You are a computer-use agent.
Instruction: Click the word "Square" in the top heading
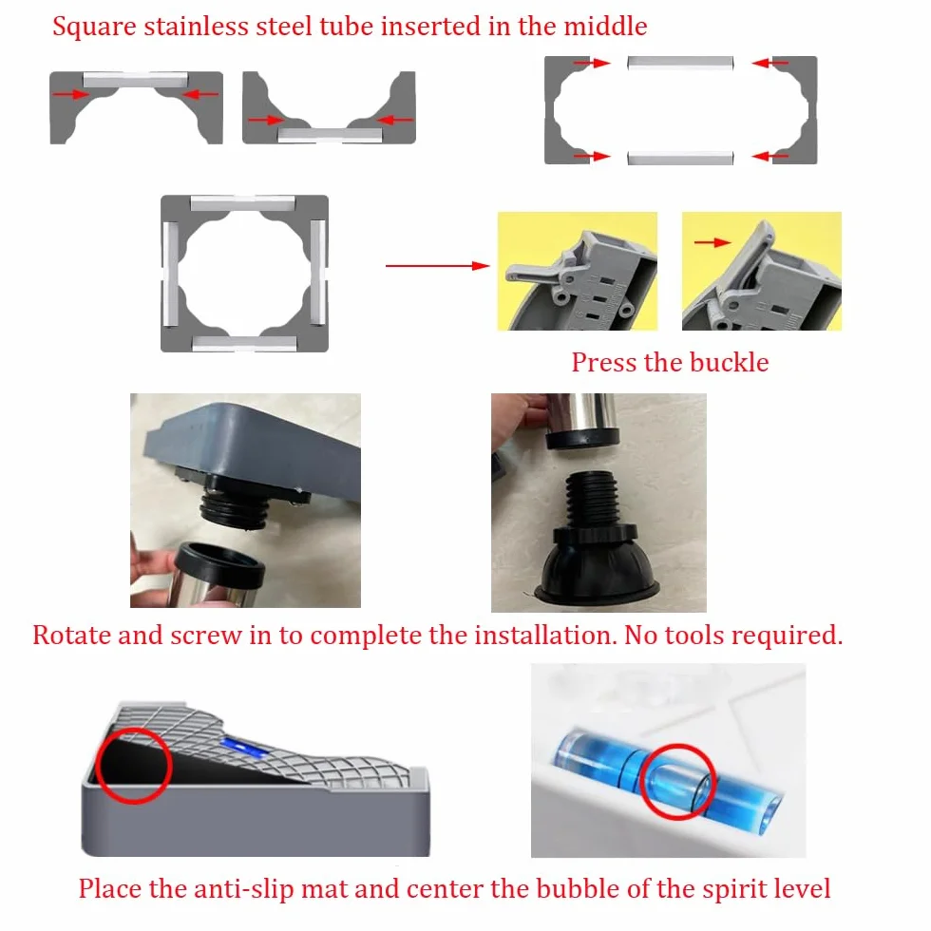click(x=94, y=28)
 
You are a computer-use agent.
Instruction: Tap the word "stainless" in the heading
click(x=196, y=27)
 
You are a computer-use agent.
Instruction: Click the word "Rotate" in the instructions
click(x=72, y=635)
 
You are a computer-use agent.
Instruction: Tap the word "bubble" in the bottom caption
click(x=578, y=888)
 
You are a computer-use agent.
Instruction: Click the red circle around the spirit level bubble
click(x=677, y=781)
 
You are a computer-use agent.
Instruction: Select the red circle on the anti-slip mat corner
click(x=134, y=766)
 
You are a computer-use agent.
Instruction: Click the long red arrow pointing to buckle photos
click(x=438, y=265)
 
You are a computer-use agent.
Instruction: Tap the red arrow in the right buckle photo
click(x=712, y=242)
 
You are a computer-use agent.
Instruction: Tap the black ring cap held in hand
click(x=219, y=564)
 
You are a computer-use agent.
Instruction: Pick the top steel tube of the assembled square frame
click(x=243, y=203)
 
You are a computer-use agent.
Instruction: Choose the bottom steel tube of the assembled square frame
click(x=245, y=343)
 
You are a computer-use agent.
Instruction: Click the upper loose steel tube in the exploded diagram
click(x=680, y=63)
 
